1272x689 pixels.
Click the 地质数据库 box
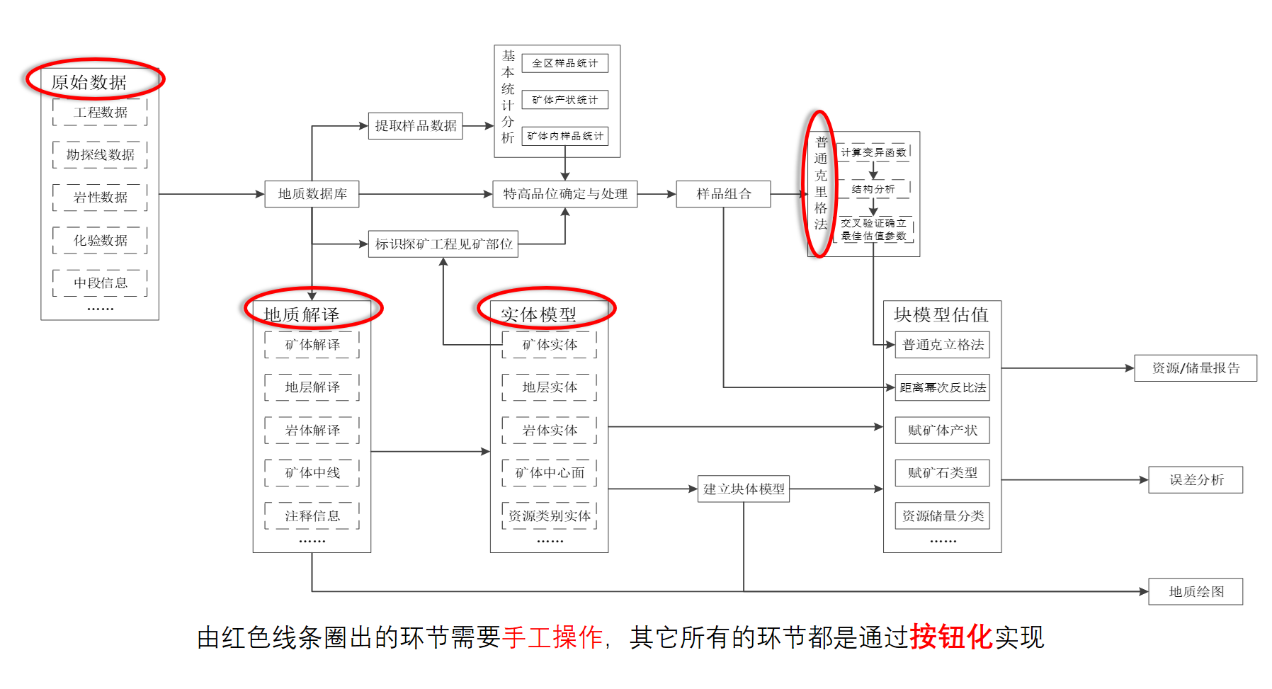(312, 194)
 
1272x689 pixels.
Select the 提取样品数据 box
(416, 126)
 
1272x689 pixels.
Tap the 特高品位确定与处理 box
(565, 194)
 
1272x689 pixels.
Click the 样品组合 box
(723, 194)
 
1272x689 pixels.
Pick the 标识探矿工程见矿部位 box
(443, 244)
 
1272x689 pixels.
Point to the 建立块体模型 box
(744, 489)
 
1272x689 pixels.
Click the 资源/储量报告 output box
(1196, 368)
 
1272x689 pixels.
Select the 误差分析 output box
(1196, 480)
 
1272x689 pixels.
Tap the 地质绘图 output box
(1196, 592)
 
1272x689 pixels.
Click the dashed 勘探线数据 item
(100, 155)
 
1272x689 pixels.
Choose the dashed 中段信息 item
(100, 283)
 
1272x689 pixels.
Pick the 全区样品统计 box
(565, 63)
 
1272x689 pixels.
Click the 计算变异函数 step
(873, 152)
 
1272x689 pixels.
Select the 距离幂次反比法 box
(943, 387)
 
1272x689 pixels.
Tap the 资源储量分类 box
(943, 516)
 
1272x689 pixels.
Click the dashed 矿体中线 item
(312, 473)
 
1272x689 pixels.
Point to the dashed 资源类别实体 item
(550, 516)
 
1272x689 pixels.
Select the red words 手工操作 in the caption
(552, 637)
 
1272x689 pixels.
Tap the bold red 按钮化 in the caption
(951, 637)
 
